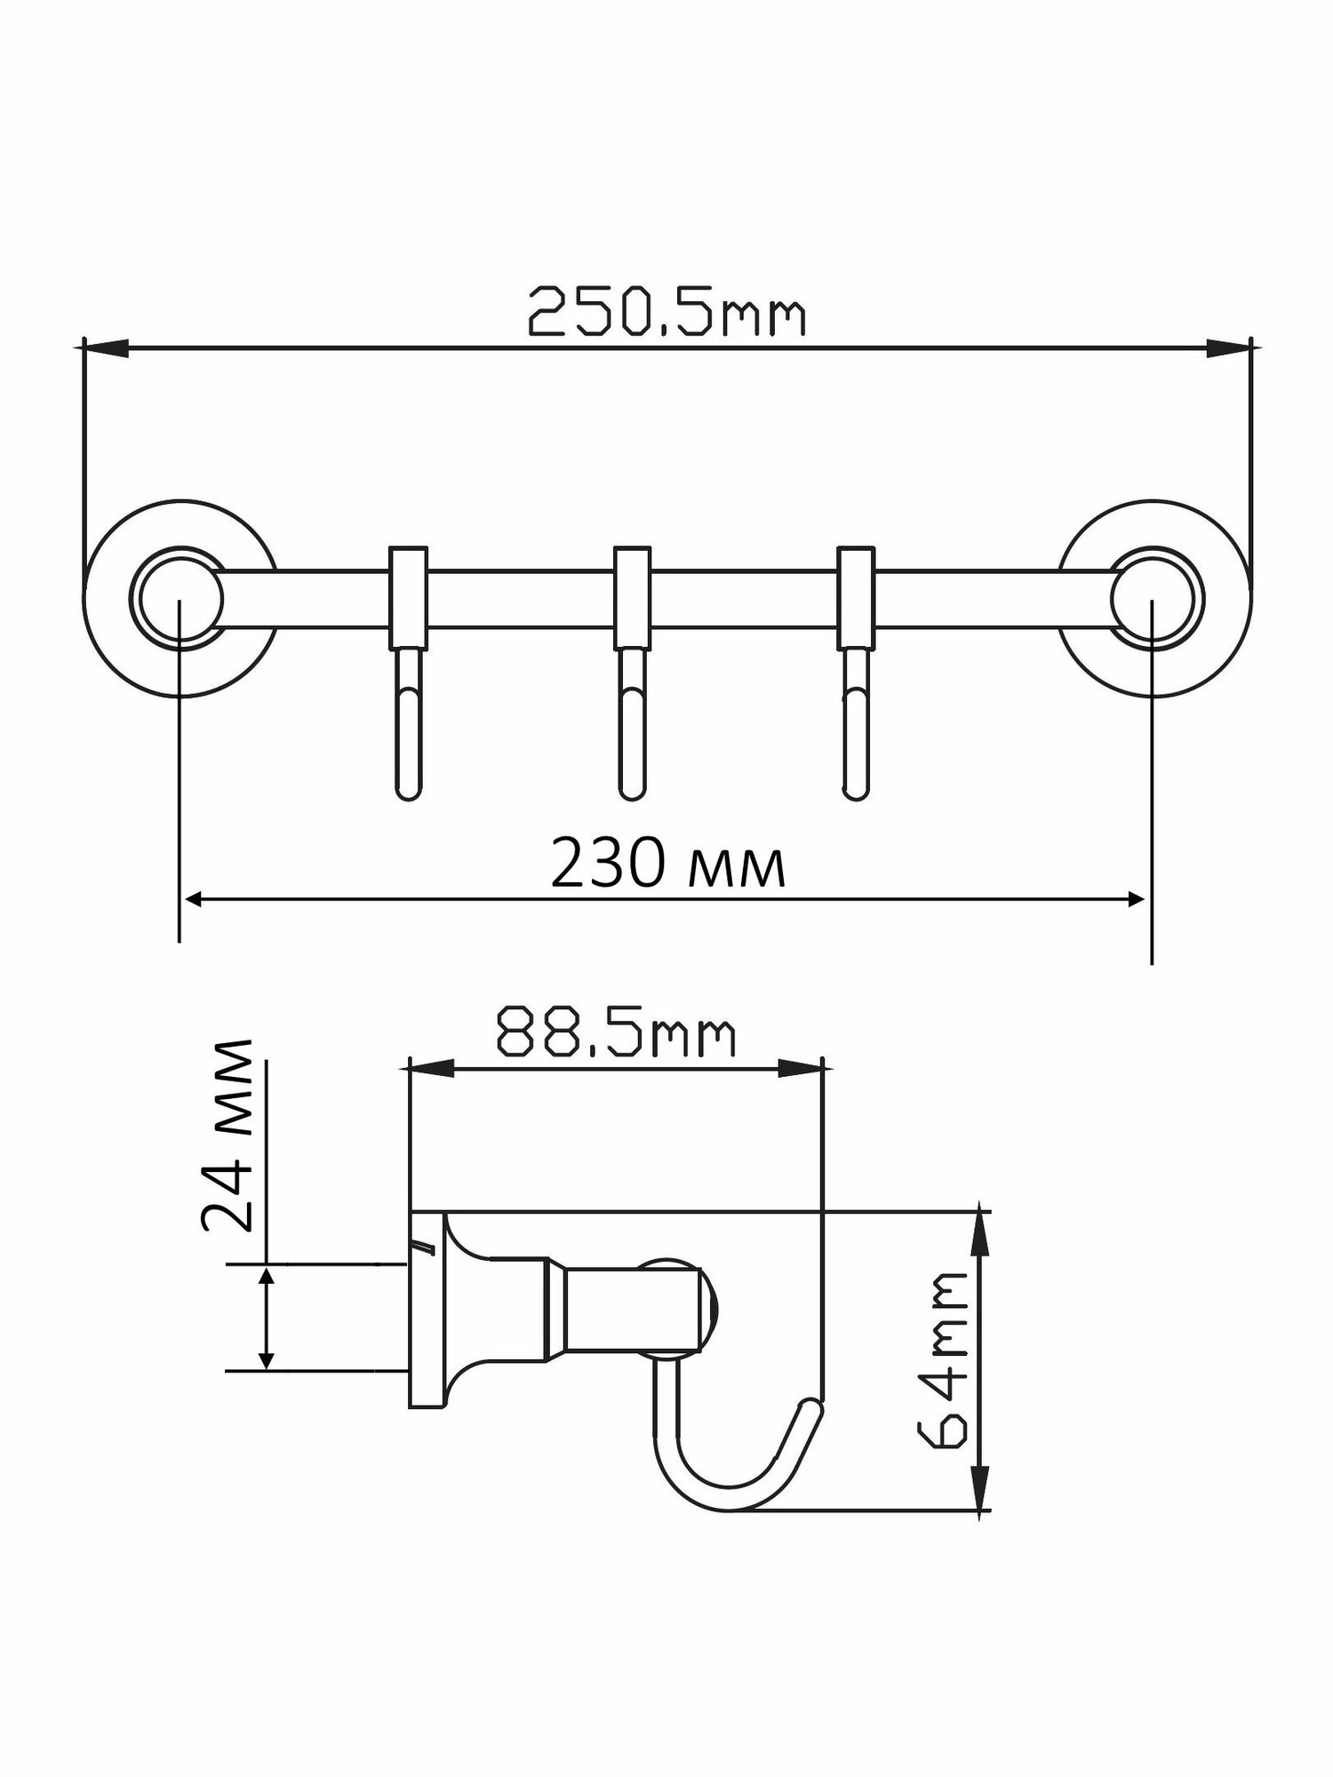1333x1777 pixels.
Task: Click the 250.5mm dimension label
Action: click(666, 312)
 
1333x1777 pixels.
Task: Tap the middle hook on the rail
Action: click(631, 673)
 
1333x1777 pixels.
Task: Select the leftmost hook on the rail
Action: click(409, 673)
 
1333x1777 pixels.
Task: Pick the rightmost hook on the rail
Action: click(854, 673)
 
